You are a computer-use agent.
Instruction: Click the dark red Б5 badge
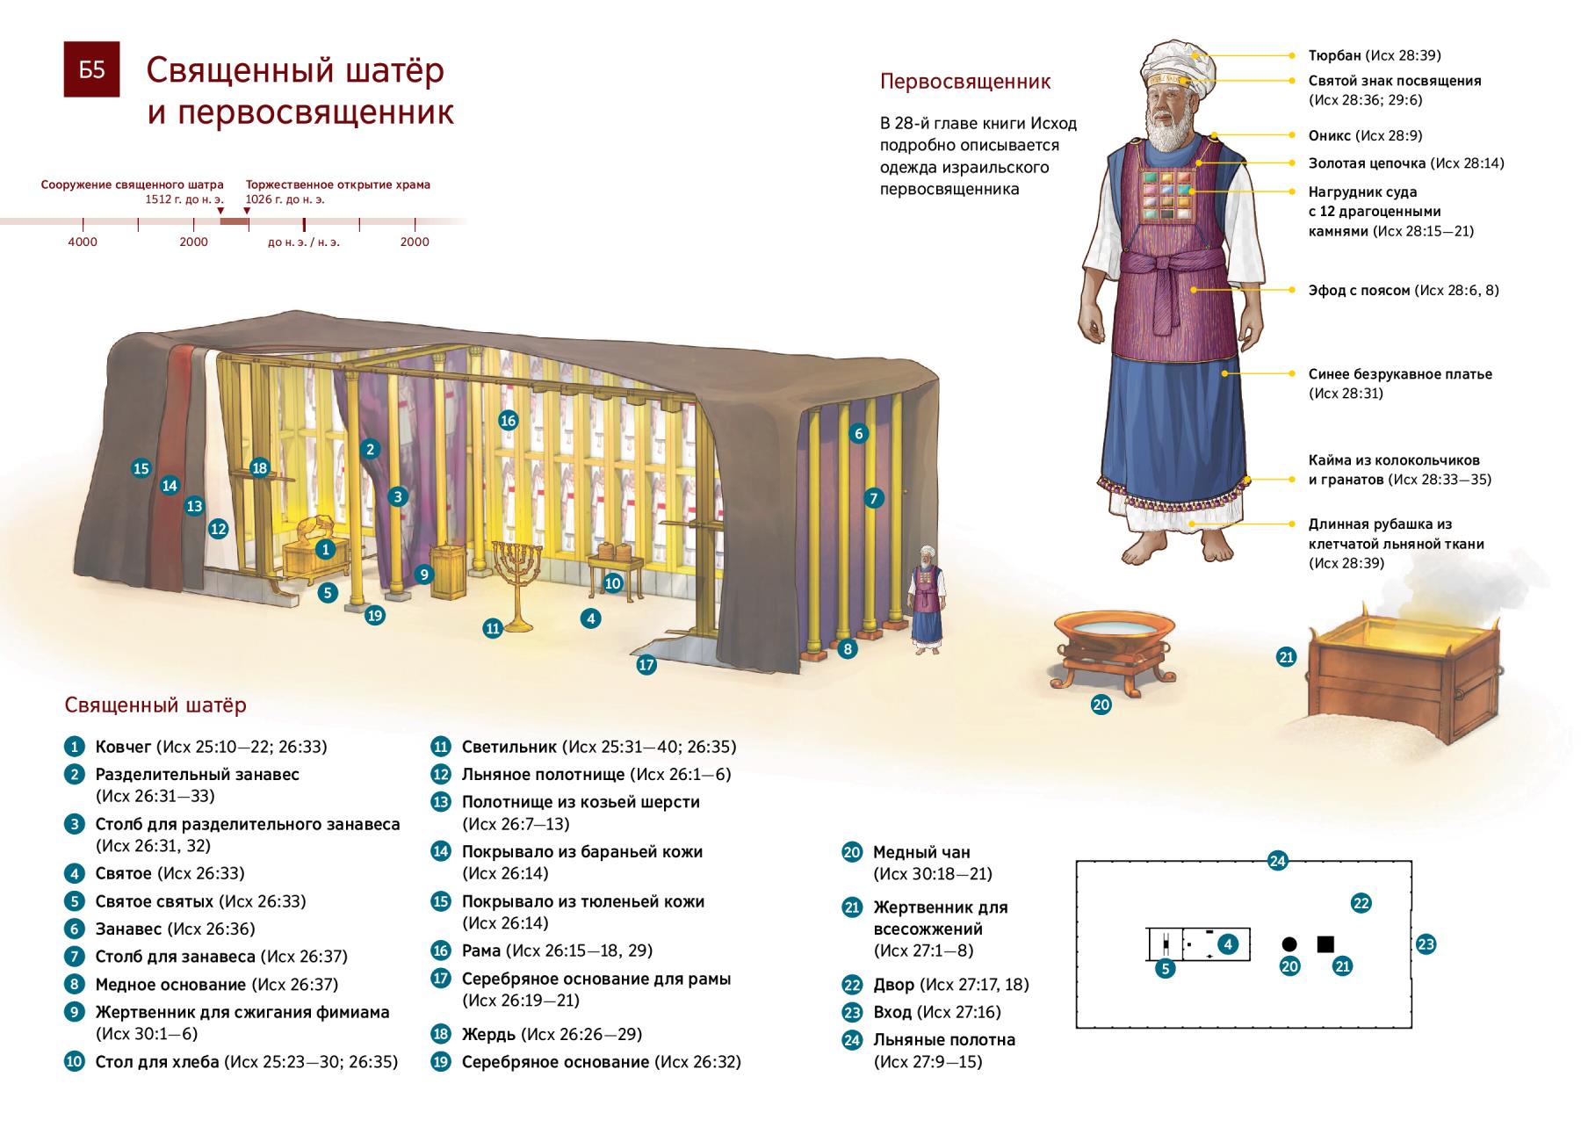pyautogui.click(x=92, y=69)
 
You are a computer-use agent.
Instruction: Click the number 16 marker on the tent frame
pyautogui.click(x=508, y=421)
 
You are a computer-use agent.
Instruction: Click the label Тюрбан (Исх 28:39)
pyautogui.click(x=1374, y=55)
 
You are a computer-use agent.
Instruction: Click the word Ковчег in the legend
pyautogui.click(x=123, y=747)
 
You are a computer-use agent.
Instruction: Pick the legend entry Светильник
pyautogui.click(x=509, y=747)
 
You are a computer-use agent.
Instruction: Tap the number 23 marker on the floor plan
pyautogui.click(x=1426, y=945)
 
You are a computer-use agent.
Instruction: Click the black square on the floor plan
pyautogui.click(x=1325, y=944)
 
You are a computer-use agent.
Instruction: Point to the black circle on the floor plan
pyautogui.click(x=1289, y=944)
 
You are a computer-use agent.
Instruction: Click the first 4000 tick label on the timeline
pyautogui.click(x=83, y=242)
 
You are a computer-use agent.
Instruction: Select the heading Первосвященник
pyautogui.click(x=965, y=83)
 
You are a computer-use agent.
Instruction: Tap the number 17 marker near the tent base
pyautogui.click(x=646, y=665)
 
